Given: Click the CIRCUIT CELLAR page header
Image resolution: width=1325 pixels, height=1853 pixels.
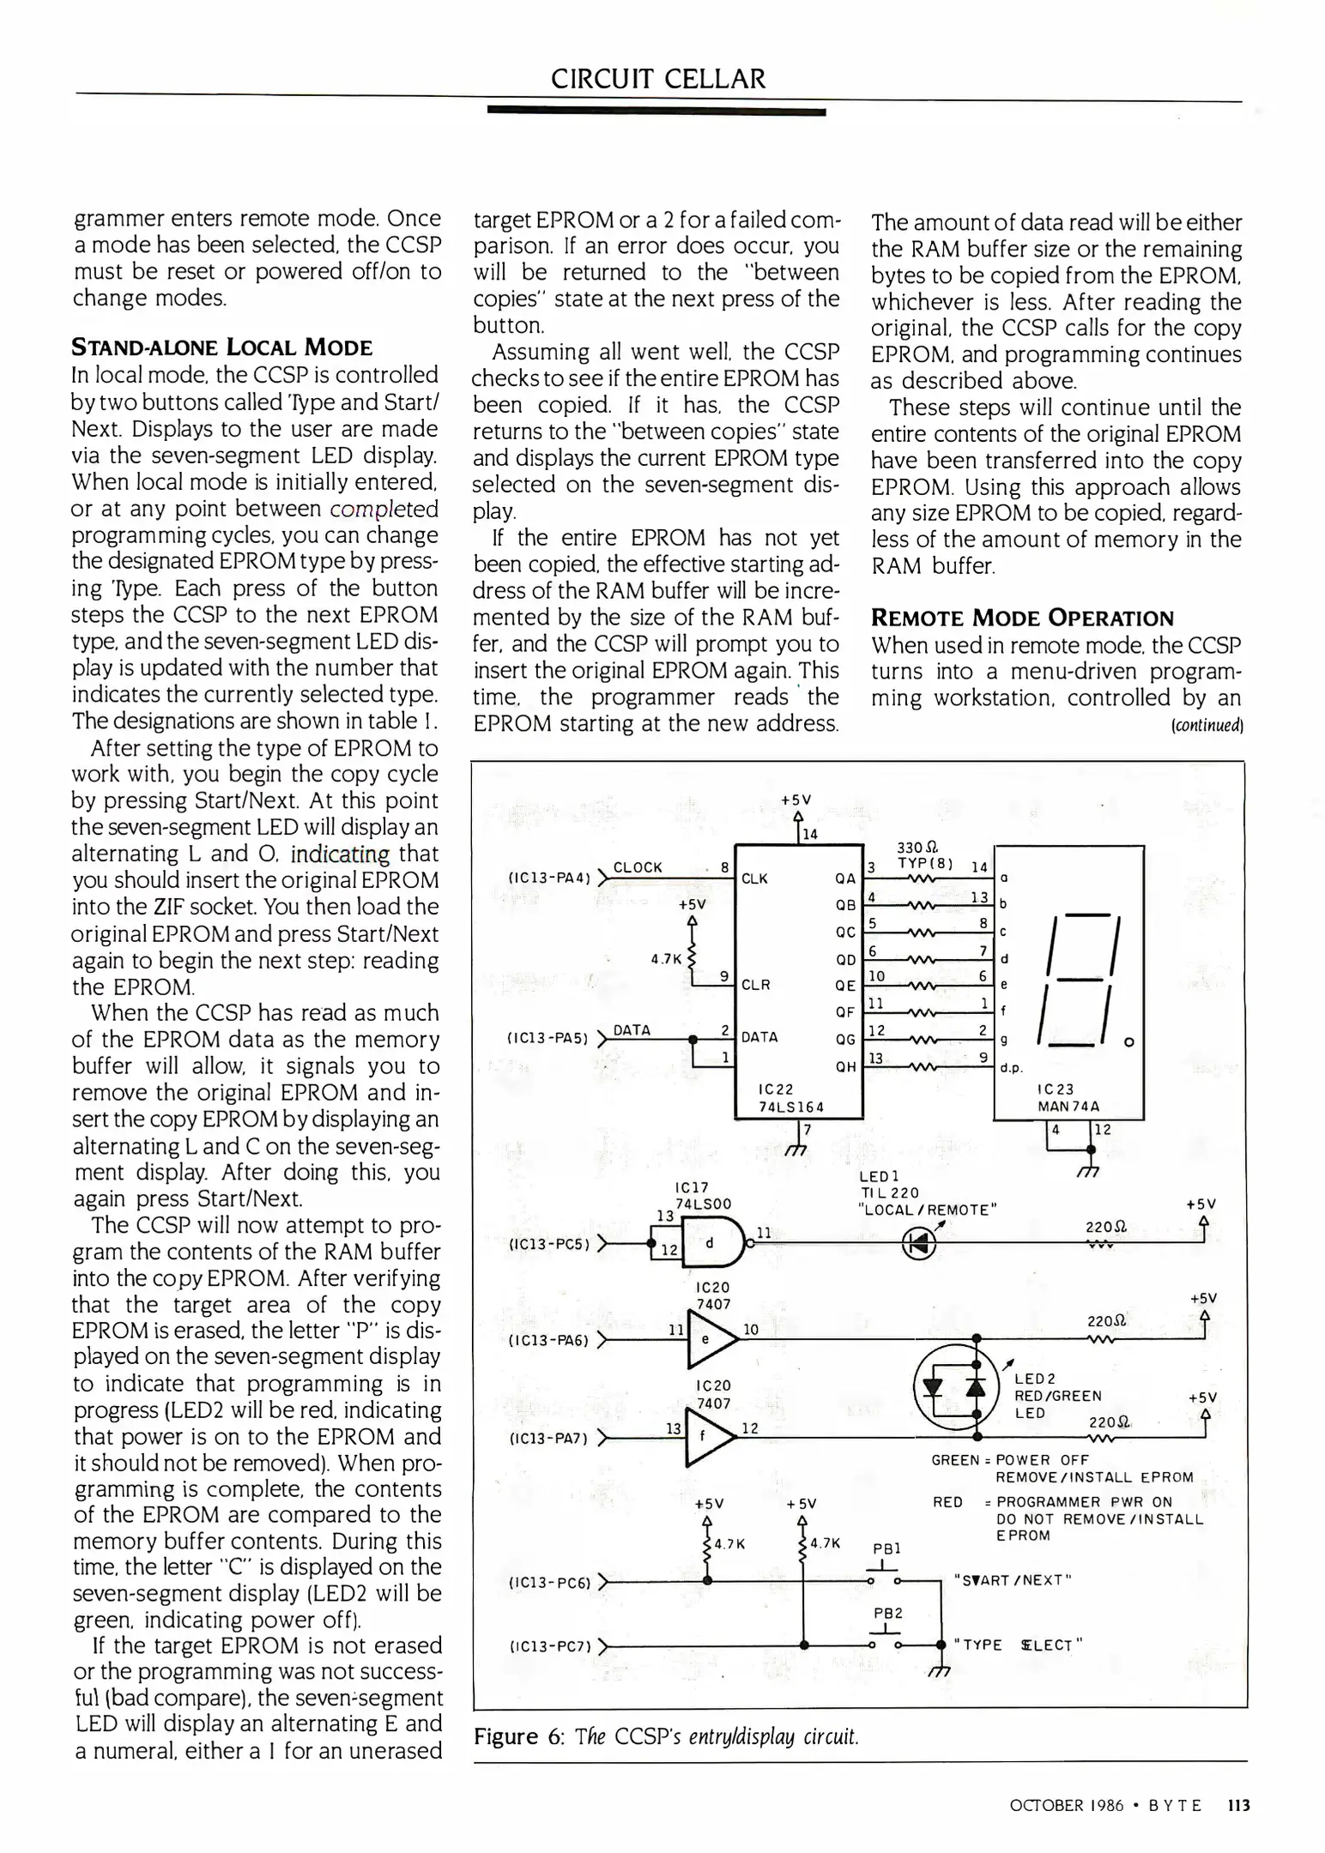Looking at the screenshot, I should tap(657, 79).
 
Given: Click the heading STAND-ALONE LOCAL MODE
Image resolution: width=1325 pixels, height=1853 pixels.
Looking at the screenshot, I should tap(221, 347).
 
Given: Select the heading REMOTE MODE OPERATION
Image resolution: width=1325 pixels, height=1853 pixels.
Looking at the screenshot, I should tap(1022, 618).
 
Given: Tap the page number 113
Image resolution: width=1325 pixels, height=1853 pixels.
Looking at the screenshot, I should tap(1238, 1806).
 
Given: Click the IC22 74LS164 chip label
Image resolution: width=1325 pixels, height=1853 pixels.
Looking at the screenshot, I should tap(791, 1098).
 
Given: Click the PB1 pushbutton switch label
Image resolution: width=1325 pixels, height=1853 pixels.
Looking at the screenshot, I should tap(886, 1549).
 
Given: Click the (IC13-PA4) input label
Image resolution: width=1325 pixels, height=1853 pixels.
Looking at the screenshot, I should tap(548, 878).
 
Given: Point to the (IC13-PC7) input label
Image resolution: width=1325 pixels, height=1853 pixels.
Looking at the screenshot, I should tap(550, 1646).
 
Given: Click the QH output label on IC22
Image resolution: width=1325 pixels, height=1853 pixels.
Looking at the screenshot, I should tap(844, 1067).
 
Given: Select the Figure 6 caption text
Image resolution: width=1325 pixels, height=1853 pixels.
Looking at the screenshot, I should tap(666, 1736).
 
